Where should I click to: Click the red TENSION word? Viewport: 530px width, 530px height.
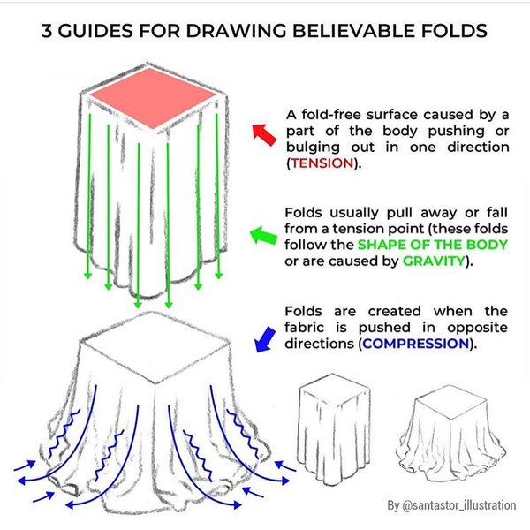pos(322,163)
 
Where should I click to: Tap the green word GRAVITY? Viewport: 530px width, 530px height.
pos(434,261)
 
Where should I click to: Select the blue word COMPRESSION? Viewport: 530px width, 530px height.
pos(416,344)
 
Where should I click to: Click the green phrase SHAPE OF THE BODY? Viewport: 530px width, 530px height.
pos(433,245)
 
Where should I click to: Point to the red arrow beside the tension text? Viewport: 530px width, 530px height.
pos(265,135)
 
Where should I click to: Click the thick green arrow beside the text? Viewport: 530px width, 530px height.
pos(263,235)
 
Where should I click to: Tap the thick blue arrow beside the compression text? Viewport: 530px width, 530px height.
pos(265,339)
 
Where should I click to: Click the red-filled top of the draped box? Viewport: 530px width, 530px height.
pos(153,98)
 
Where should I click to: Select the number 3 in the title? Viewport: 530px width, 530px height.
pos(47,31)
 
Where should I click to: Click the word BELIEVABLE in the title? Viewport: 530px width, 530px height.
pos(353,31)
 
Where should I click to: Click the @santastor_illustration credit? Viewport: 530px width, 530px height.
pos(451,505)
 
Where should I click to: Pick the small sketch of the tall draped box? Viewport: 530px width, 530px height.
pos(334,429)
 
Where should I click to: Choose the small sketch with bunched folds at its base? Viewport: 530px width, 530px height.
pos(452,434)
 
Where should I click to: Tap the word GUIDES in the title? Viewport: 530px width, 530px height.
pos(95,31)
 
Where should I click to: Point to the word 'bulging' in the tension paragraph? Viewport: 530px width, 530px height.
pos(314,148)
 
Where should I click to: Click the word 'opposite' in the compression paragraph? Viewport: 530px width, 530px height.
pos(477,328)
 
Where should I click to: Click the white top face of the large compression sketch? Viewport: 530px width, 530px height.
pos(155,347)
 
